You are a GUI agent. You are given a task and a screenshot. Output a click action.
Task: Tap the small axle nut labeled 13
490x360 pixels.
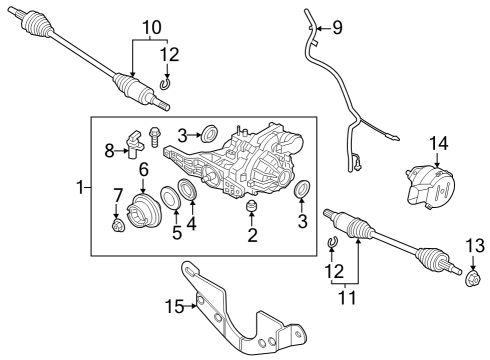tap(469, 271)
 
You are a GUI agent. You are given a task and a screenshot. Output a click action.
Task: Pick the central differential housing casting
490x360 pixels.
tap(255, 160)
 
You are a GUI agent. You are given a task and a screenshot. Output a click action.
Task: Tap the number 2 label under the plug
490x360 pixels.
tap(253, 236)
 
